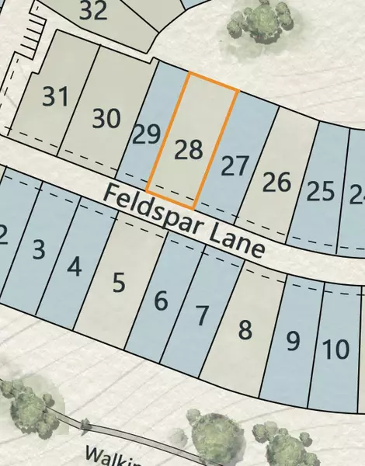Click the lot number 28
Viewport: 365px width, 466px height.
tap(189, 149)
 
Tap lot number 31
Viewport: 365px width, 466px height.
tap(56, 98)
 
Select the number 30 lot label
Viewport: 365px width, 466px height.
tap(106, 119)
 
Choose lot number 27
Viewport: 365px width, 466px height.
tap(234, 166)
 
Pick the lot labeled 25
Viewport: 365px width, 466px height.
tap(320, 190)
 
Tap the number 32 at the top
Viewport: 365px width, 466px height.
tap(93, 11)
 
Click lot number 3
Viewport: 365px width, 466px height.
tap(38, 250)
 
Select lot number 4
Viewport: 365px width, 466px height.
tap(75, 266)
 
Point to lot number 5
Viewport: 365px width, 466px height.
tap(118, 283)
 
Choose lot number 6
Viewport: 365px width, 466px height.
tap(161, 300)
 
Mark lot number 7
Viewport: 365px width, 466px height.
tap(202, 315)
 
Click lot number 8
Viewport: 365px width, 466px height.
tap(245, 331)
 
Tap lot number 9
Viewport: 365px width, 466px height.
tap(293, 341)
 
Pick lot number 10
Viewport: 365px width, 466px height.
tap(335, 349)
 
